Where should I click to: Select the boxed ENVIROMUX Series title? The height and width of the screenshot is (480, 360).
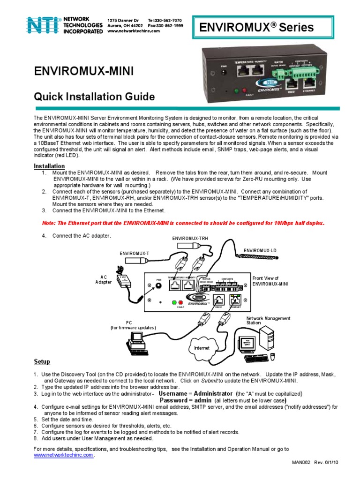(263, 27)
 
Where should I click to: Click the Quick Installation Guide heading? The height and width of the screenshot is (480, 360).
(94, 97)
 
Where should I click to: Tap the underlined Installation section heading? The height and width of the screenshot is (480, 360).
(49, 166)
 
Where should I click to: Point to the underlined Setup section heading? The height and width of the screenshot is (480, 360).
(42, 362)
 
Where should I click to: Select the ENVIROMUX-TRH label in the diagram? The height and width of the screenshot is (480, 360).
(190, 239)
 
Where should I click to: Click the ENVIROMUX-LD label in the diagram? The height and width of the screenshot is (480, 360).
(260, 251)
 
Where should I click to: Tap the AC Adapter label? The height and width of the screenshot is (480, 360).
(104, 279)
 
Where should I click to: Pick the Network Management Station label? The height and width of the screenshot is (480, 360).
(268, 321)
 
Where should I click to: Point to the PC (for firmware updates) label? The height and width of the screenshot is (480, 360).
(133, 325)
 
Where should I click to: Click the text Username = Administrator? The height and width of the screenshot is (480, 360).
(195, 394)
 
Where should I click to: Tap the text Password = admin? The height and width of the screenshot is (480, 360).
(186, 401)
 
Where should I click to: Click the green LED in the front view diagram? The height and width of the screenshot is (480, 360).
(174, 302)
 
